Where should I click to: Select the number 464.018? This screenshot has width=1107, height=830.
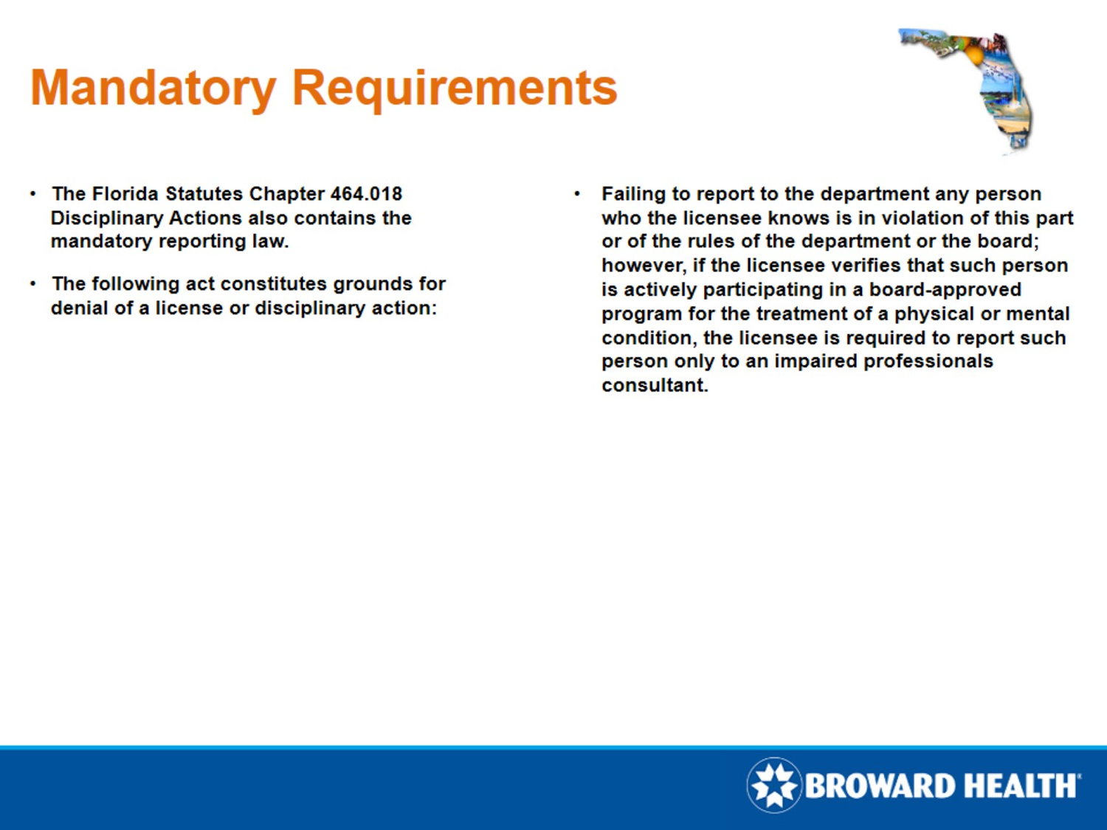click(366, 194)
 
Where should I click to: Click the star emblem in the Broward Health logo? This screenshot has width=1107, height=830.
click(773, 785)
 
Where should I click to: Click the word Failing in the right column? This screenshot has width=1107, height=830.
click(633, 194)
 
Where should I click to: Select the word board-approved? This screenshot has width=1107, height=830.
click(945, 290)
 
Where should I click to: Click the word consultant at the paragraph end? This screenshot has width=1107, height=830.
click(654, 386)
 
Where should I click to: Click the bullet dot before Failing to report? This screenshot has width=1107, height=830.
click(578, 194)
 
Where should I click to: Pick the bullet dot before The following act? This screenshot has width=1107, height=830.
click(33, 284)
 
